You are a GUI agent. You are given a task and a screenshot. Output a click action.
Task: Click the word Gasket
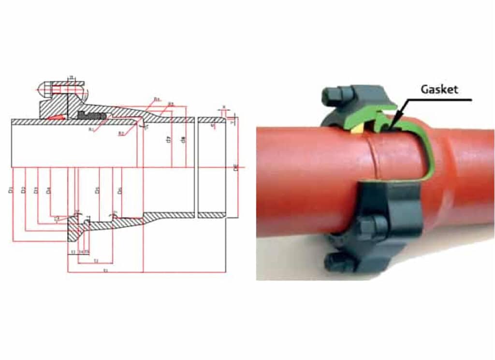[438, 90]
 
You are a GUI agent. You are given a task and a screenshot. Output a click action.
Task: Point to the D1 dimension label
[11, 190]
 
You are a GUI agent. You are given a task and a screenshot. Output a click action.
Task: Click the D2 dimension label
[24, 190]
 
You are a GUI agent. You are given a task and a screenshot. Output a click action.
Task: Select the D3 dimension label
[36, 190]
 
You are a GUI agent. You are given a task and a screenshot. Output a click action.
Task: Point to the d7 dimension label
[168, 140]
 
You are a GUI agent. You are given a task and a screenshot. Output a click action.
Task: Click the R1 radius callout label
[90, 129]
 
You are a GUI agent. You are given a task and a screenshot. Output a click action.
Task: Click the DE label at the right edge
[236, 167]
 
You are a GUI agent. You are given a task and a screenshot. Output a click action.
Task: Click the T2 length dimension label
[96, 261]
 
